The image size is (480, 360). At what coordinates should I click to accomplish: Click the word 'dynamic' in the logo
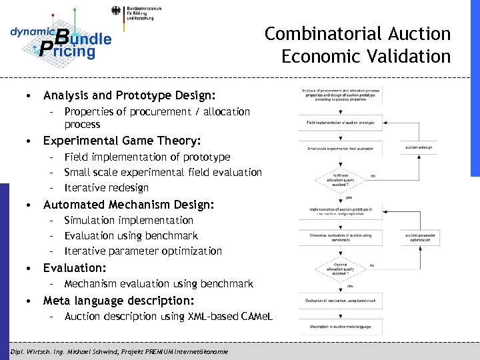click(31, 31)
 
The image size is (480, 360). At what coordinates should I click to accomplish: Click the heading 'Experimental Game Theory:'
click(122, 141)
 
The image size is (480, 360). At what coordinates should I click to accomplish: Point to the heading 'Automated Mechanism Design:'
click(129, 204)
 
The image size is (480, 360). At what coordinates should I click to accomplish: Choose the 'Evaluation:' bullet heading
click(75, 267)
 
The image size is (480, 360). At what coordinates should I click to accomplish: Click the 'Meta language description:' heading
click(119, 300)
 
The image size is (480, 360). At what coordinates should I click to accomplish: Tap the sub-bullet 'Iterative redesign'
click(107, 187)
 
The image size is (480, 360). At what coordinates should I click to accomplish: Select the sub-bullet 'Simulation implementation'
click(129, 220)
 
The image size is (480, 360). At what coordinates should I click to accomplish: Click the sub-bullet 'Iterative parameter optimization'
click(143, 251)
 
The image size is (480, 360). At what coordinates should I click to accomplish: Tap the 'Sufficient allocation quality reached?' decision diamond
click(341, 178)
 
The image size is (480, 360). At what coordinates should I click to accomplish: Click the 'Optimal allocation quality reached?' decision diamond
click(341, 268)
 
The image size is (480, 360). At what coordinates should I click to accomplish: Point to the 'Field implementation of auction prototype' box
click(341, 123)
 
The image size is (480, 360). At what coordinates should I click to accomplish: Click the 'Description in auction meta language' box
click(341, 326)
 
